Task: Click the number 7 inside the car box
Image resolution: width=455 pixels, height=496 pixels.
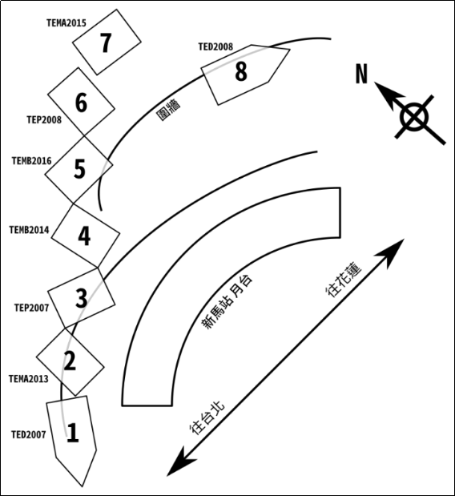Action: (x=106, y=42)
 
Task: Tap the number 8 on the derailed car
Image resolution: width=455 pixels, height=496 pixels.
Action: (x=241, y=71)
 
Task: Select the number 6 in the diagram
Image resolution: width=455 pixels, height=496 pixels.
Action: (x=81, y=103)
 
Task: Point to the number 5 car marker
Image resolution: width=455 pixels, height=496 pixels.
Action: (x=79, y=169)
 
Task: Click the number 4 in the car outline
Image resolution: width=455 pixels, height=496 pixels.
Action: (x=84, y=236)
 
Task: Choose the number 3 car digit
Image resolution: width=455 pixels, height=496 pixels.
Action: (x=81, y=297)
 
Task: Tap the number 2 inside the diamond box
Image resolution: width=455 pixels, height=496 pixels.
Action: (x=70, y=361)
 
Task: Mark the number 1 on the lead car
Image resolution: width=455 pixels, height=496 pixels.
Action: (x=73, y=432)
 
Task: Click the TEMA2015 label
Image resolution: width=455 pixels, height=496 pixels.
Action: (x=66, y=23)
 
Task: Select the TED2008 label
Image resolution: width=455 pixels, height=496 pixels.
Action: (x=215, y=46)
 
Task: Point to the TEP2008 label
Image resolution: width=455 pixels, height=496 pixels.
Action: (x=44, y=120)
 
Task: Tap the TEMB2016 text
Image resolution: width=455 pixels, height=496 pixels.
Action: (x=31, y=161)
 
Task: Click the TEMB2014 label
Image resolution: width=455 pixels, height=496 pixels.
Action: (x=29, y=230)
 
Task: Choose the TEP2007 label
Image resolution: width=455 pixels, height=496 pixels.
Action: (x=31, y=308)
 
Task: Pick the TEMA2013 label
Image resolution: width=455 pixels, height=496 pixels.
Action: (x=29, y=379)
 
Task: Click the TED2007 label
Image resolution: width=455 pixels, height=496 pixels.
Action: (x=29, y=435)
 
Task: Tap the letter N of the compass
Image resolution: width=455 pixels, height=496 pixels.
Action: (x=362, y=74)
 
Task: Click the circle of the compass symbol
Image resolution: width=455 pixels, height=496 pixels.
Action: (x=415, y=117)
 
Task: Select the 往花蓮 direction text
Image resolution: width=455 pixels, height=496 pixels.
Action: (x=344, y=280)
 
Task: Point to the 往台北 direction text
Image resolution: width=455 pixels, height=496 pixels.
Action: (x=207, y=418)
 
